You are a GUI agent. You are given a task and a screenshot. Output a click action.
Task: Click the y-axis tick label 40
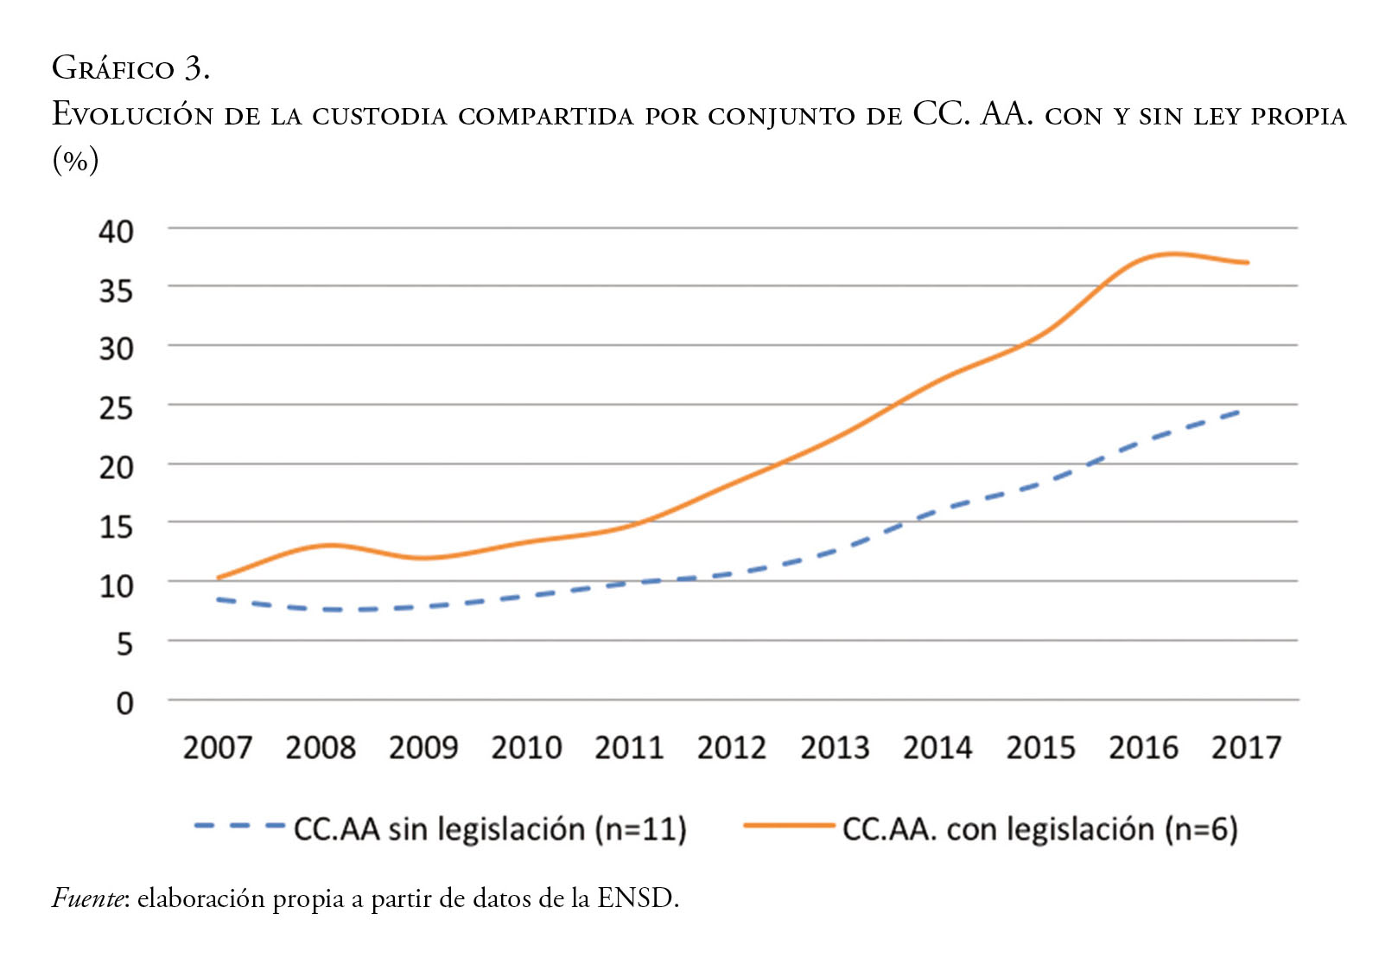pos(117,232)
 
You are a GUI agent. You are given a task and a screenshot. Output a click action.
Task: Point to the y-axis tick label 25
pos(117,408)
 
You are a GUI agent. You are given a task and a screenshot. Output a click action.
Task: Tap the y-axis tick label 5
pos(124,644)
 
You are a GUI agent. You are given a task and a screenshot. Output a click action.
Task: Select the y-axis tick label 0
pos(124,703)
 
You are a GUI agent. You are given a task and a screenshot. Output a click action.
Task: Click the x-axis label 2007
pos(217,748)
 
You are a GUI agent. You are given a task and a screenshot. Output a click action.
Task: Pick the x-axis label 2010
pos(526,748)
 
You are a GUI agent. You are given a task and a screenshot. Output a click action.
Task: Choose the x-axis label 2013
pos(835,748)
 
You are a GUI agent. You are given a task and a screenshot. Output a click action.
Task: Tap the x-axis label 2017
pos(1246,748)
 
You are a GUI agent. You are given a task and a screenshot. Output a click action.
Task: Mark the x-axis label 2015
pos(1040,748)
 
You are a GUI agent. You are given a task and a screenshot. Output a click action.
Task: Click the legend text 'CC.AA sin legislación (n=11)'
pos(490,829)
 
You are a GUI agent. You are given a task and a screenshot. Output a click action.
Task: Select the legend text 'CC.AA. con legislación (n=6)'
pos(1039,829)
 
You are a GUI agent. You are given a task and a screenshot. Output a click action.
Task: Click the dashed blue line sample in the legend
pos(239,827)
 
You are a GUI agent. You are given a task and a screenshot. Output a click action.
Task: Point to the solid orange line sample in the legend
pos(788,827)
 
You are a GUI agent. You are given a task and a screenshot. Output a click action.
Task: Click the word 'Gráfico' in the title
pos(113,68)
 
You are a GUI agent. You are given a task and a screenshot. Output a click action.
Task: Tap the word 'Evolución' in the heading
pos(132,115)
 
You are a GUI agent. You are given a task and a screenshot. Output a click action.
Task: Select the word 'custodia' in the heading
pos(379,116)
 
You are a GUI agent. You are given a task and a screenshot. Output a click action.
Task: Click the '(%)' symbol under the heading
pos(76,161)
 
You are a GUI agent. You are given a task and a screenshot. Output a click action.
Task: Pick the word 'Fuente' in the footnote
pos(90,899)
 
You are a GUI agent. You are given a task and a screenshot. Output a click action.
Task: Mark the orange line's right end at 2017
pos(1248,262)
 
